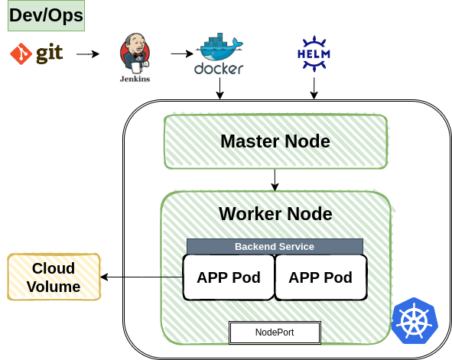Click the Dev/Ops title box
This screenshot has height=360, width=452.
tap(45, 15)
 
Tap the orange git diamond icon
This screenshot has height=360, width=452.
tap(21, 54)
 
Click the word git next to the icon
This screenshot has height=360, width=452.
tap(49, 54)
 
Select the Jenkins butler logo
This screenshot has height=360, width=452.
tap(135, 57)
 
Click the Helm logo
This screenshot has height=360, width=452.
tap(313, 54)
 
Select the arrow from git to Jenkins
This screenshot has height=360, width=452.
tap(88, 54)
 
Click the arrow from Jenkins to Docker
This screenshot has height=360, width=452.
tap(181, 54)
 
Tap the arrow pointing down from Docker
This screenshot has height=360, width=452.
tap(220, 89)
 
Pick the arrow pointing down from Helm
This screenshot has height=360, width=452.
tap(313, 88)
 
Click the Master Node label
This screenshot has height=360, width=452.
tap(275, 141)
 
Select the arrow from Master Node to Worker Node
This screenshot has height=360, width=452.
tap(275, 180)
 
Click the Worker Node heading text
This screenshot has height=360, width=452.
tap(275, 213)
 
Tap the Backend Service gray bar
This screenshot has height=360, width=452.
tap(275, 246)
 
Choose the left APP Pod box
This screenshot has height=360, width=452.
tap(228, 277)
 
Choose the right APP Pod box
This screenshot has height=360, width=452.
tap(320, 277)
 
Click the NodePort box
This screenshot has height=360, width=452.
tap(275, 332)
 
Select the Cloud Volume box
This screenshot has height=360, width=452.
tap(54, 277)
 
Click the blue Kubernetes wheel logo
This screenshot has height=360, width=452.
tap(414, 320)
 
